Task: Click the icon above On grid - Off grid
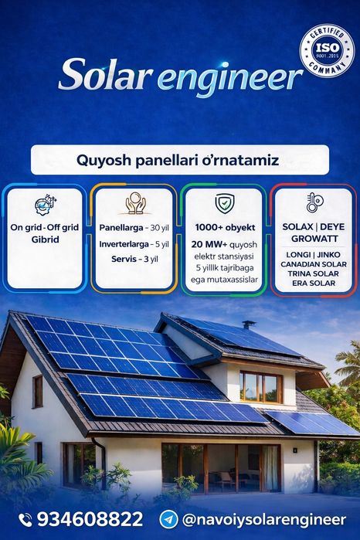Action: point(44,205)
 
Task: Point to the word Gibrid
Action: point(46,240)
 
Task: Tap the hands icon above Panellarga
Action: point(135,203)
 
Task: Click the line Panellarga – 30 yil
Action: point(134,228)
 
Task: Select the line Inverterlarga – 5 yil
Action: point(134,243)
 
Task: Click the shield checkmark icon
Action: point(223,203)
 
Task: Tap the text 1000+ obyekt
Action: point(223,229)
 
